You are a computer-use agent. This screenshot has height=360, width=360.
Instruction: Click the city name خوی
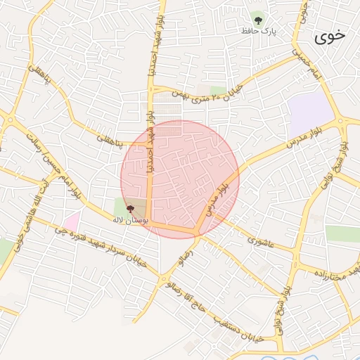tap(330, 37)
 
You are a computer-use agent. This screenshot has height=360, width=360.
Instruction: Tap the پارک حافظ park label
tap(261, 32)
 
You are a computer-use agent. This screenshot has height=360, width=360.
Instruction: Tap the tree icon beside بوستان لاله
tap(129, 209)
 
